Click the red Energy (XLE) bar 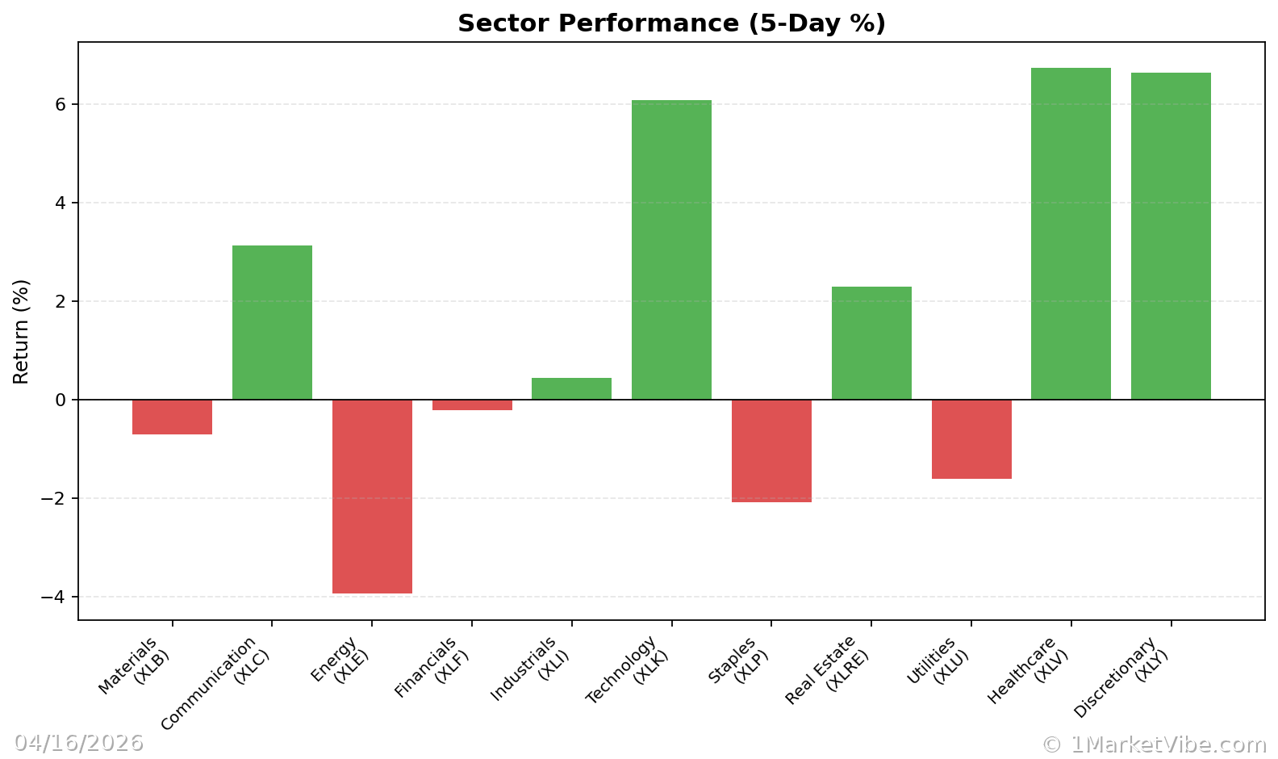click(x=372, y=497)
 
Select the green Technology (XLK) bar click(x=671, y=250)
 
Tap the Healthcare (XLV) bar click(x=1071, y=233)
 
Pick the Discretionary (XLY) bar click(x=1171, y=236)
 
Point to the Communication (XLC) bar click(x=272, y=322)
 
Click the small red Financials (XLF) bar click(x=472, y=405)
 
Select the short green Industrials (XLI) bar click(x=571, y=388)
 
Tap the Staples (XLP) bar click(x=771, y=451)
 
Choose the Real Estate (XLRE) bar click(x=871, y=343)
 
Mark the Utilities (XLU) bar click(x=971, y=439)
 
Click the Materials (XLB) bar click(x=172, y=417)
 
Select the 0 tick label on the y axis click(x=61, y=400)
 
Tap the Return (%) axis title click(x=21, y=331)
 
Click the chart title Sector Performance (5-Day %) click(x=671, y=23)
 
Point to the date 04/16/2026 click(x=78, y=743)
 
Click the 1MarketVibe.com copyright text click(x=1154, y=744)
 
